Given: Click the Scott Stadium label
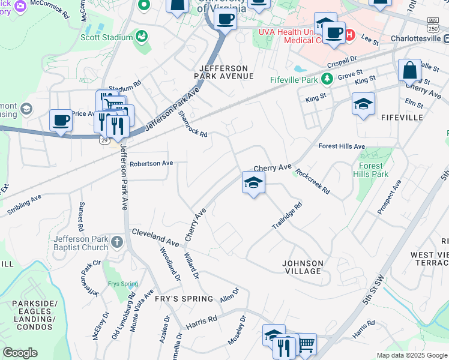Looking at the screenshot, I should [106, 37].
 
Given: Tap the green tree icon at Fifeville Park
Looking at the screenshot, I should [327, 79].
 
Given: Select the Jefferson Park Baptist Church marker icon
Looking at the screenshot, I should [117, 242].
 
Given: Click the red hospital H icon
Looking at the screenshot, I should [349, 35].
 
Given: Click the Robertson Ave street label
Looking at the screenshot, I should [151, 163].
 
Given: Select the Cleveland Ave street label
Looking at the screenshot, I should [155, 236].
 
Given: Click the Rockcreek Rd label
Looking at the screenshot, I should [312, 181].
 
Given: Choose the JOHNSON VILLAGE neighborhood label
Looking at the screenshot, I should [303, 267].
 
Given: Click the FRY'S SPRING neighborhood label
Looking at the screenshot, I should [183, 299].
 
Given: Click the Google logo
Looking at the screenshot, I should [20, 353].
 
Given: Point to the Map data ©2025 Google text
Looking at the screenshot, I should [411, 355].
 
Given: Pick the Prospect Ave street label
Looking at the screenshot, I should [389, 199].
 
